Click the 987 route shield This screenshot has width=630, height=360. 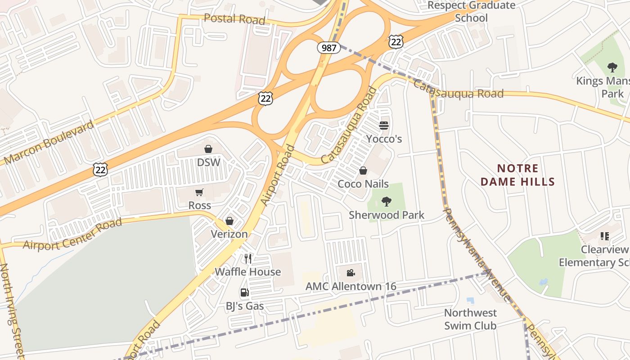pos(329,47)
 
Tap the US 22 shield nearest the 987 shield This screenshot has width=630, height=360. pos(396,42)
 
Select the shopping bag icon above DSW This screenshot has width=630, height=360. pos(208,149)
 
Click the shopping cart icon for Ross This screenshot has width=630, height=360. pos(199,192)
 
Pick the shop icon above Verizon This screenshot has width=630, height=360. pos(229,221)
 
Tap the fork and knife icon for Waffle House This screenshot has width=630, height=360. pos(248,258)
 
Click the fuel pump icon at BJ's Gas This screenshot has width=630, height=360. pos(244,293)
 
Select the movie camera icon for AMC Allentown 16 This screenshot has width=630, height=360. pos(351,273)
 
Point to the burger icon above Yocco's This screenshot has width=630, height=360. pos(384,125)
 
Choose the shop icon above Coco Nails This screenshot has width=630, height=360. pos(363,171)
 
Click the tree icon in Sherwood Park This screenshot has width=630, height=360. pos(386,201)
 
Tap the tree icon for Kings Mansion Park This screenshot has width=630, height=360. pos(612,68)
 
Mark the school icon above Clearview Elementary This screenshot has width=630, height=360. pos(604,236)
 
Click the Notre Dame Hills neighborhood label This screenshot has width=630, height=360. pos(517,175)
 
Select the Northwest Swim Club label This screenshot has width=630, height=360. pos(470,319)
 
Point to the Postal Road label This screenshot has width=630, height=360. pos(234,19)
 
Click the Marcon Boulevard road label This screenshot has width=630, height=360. pos(49,142)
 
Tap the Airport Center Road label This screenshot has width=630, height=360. pos(72,234)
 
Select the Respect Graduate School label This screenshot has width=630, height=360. pos(471,12)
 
